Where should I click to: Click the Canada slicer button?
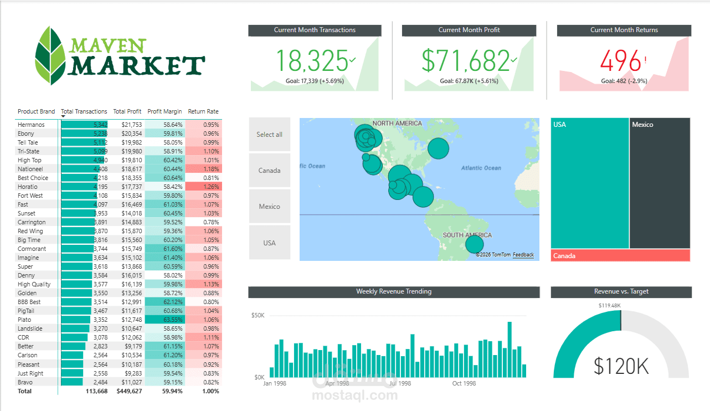point(269,171)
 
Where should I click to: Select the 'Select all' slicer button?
point(269,135)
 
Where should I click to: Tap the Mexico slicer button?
point(269,207)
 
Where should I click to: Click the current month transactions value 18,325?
point(312,61)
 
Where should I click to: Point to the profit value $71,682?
point(465,61)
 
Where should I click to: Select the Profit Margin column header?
point(164,111)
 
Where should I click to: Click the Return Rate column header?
point(203,111)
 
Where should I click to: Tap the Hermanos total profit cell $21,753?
point(132,125)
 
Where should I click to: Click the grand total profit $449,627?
point(129,391)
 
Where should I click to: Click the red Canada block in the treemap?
point(620,255)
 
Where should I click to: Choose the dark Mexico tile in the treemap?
point(660,183)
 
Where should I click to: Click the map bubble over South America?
point(474,244)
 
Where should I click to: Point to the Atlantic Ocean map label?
point(481,168)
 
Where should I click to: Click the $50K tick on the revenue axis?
point(258,315)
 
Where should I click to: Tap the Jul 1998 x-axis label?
point(400,383)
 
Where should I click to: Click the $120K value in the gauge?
point(621,366)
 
